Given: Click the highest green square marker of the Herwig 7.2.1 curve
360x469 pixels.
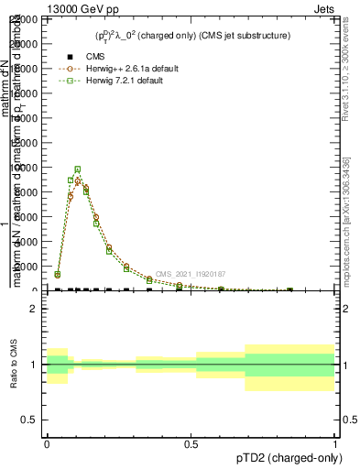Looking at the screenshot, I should pyautogui.click(x=78, y=169).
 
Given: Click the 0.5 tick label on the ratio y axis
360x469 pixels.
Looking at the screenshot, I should pyautogui.click(x=27, y=420).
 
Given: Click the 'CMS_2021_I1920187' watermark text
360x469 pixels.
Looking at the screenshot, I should pyautogui.click(x=190, y=274).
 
